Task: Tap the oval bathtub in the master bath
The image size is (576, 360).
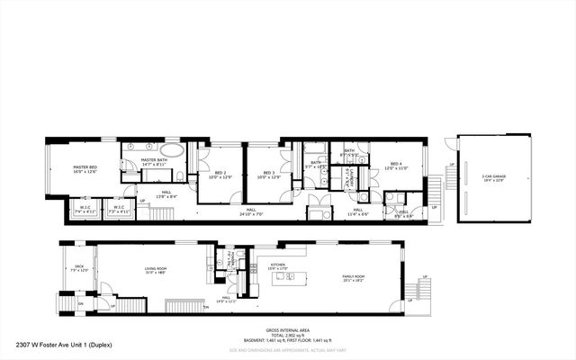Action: tap(173, 148)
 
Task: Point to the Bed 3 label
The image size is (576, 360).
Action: tap(265, 175)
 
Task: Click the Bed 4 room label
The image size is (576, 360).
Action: tap(396, 166)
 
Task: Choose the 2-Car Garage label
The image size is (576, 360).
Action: tap(494, 178)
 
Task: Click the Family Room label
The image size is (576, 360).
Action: tap(353, 278)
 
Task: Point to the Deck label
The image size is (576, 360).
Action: tap(78, 268)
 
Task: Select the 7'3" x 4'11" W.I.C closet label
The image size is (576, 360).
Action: tap(119, 210)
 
